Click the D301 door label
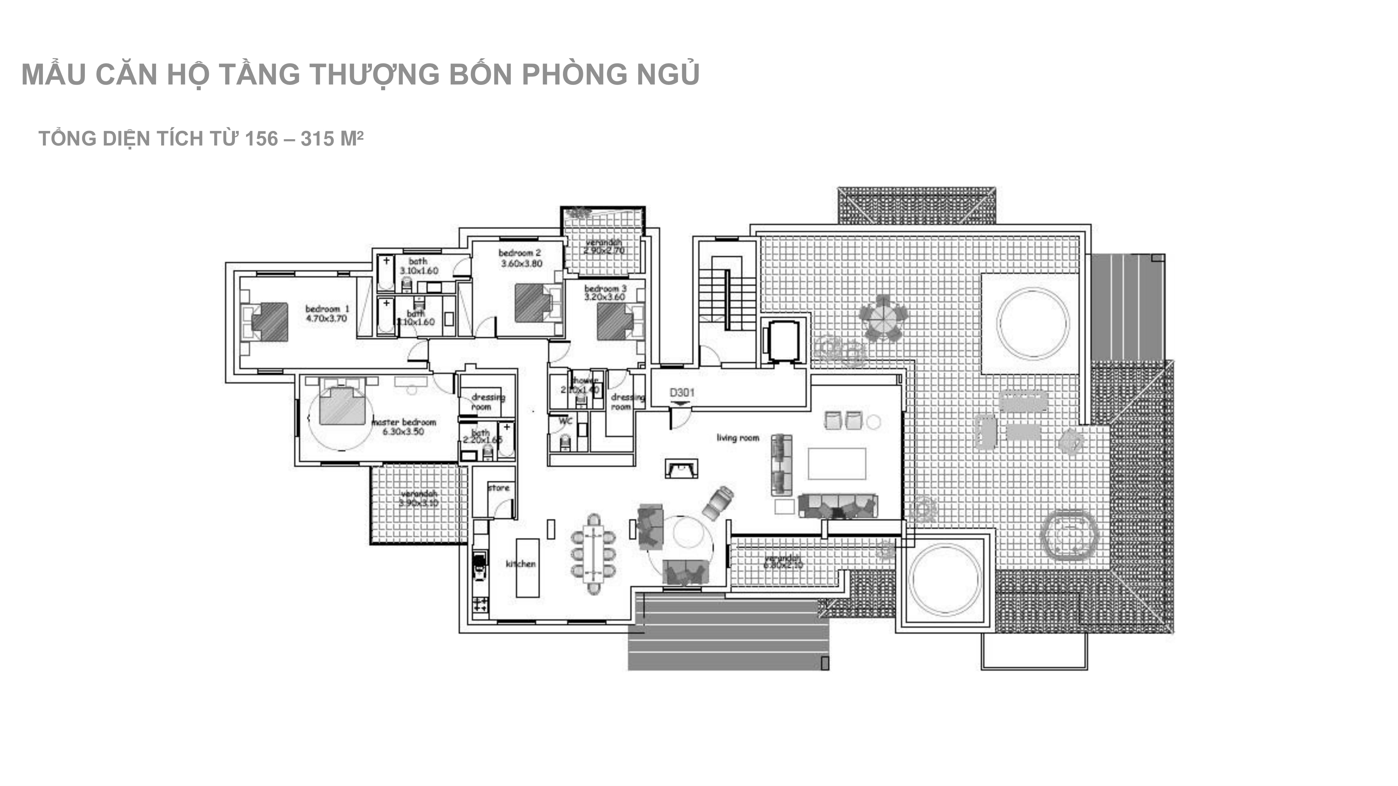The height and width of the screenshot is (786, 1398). (x=682, y=392)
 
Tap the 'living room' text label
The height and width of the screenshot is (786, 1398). (x=737, y=438)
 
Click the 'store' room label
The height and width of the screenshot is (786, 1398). (x=499, y=488)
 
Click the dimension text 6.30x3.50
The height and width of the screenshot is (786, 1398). (x=403, y=432)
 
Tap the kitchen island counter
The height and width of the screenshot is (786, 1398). (x=527, y=567)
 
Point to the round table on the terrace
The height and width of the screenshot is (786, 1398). (x=883, y=318)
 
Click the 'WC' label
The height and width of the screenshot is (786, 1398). (x=565, y=420)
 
